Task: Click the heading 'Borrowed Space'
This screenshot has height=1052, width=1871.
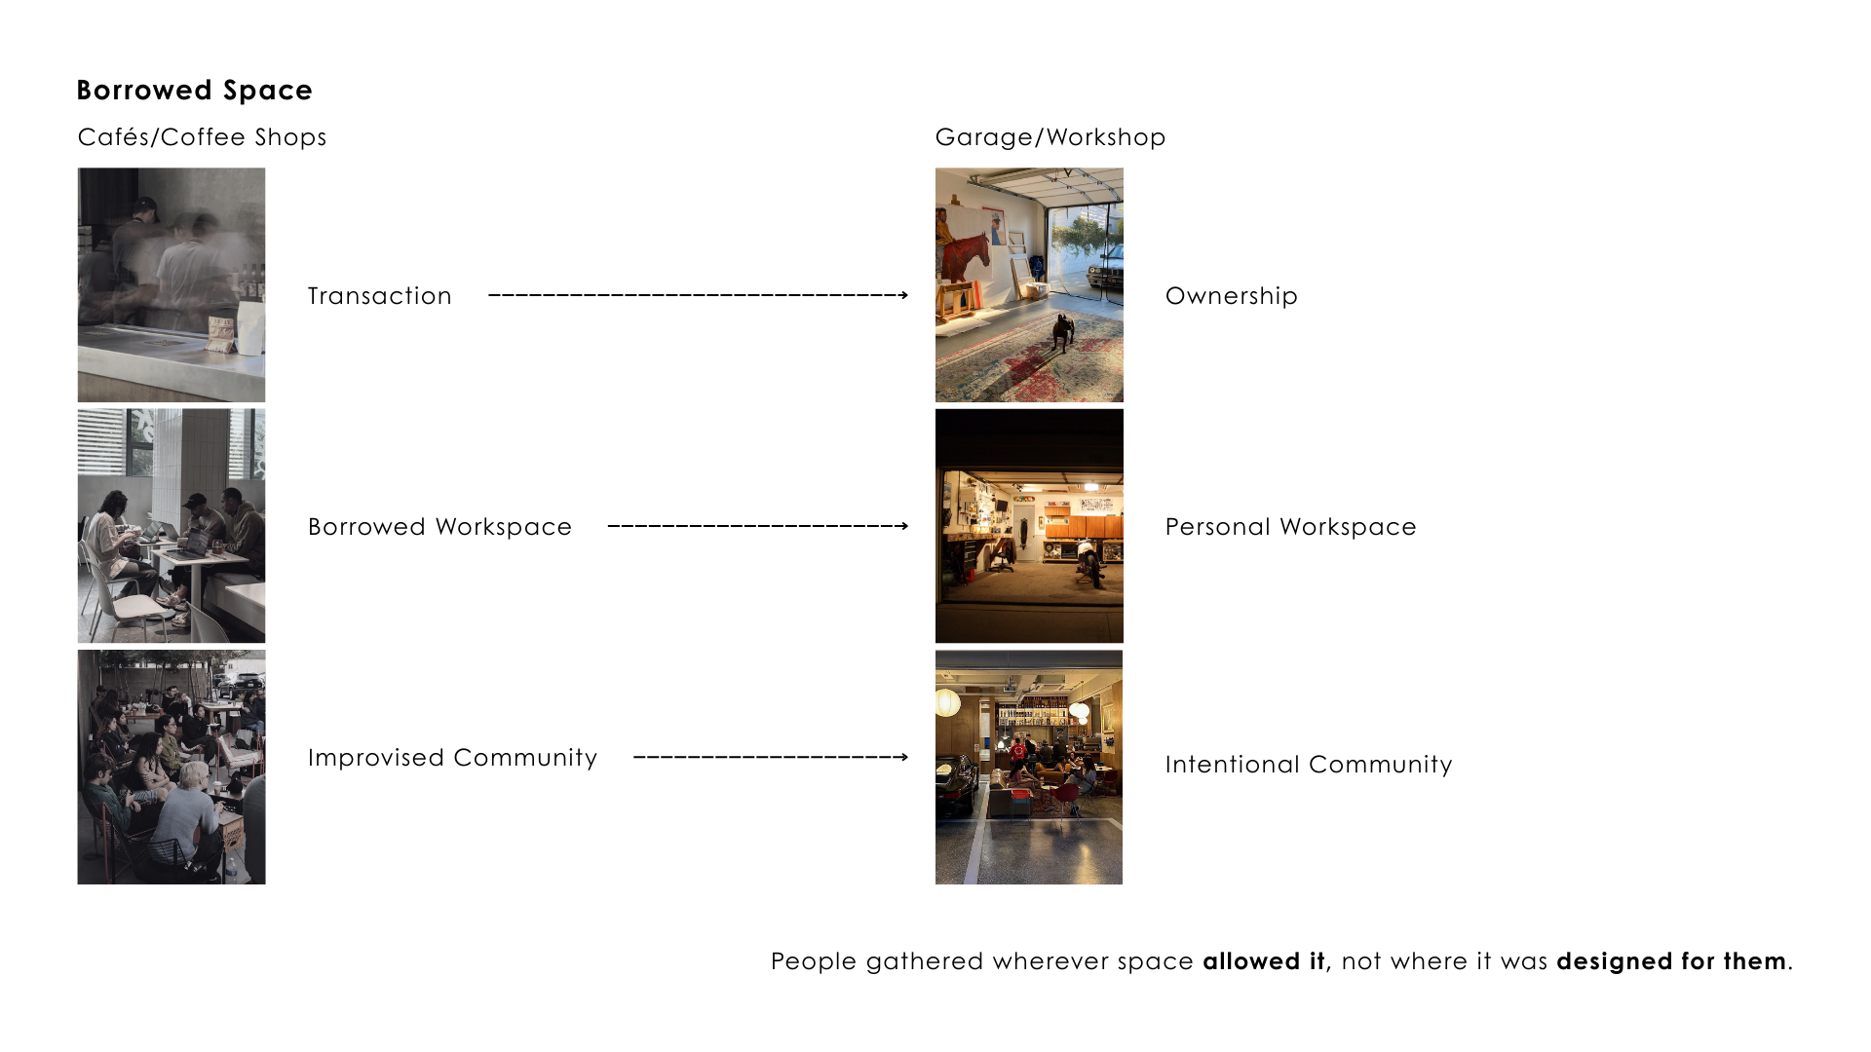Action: click(x=194, y=91)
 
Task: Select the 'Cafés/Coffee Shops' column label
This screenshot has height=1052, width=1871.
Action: click(x=202, y=137)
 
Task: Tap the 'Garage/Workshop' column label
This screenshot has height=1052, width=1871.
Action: click(x=1050, y=137)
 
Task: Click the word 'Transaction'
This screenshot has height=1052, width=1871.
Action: click(x=379, y=296)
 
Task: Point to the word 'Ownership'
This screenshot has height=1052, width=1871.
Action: click(x=1231, y=296)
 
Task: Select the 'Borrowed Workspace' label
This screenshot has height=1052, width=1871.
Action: click(x=439, y=527)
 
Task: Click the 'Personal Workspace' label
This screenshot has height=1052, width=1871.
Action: click(x=1290, y=527)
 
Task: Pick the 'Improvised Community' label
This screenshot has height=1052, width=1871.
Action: click(x=452, y=758)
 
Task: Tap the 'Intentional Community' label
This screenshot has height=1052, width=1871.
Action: click(x=1308, y=765)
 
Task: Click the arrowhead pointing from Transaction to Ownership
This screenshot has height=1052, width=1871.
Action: click(x=903, y=295)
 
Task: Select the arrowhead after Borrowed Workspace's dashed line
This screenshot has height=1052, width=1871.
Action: click(x=903, y=526)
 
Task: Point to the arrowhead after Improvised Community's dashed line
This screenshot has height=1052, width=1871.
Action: click(x=903, y=757)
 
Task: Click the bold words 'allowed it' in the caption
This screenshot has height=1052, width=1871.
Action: click(x=1264, y=961)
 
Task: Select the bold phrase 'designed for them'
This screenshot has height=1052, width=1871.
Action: click(x=1671, y=961)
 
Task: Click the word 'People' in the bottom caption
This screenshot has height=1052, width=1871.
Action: click(x=814, y=961)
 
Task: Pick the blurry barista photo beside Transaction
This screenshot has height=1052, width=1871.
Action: click(x=172, y=284)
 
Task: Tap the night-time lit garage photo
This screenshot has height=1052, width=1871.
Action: click(x=1029, y=526)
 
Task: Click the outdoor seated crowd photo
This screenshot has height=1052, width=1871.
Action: click(x=172, y=768)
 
